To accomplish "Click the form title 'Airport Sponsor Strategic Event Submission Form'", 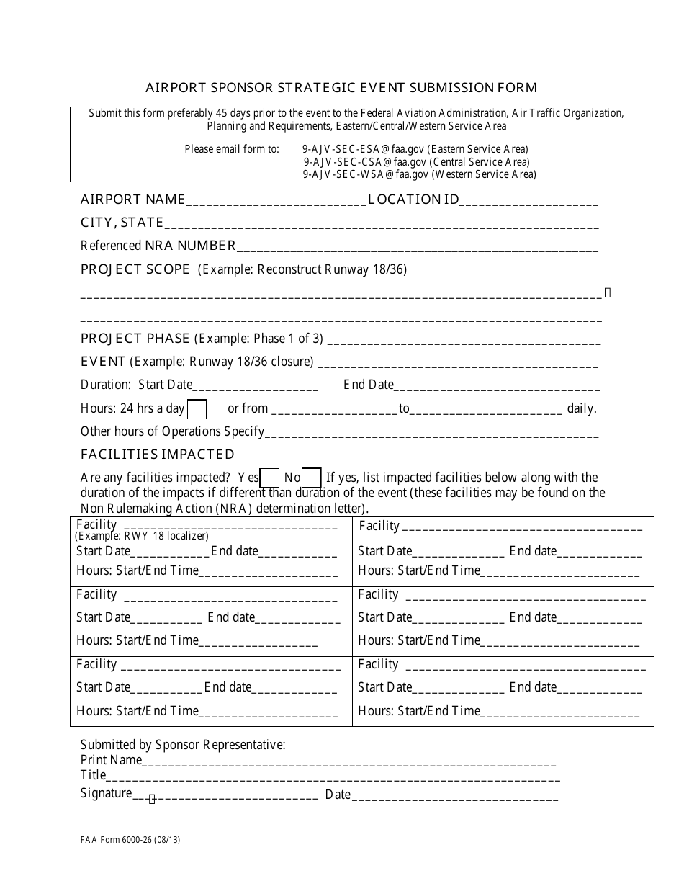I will pos(341,88).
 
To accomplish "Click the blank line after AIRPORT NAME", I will pos(276,202).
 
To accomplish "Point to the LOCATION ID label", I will pos(413,200).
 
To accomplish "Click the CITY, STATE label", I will pos(122,223).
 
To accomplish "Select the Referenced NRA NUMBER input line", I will pos(417,248).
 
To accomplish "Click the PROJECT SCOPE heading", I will pos(135,269).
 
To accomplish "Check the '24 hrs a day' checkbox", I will pos(197,409).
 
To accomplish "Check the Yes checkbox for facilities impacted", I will pos(269,478).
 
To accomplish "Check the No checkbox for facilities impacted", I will pos(311,478).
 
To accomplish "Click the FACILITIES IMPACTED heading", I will pos(157,455).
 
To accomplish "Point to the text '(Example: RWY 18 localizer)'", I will pos(142,536).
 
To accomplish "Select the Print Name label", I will pos(111,760).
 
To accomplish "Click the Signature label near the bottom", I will pos(106,793).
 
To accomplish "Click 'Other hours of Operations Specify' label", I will pos(172,431).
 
